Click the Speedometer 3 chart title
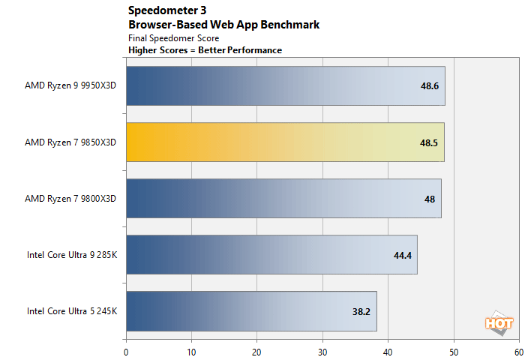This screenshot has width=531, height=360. [167, 11]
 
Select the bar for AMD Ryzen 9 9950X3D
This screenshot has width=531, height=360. [285, 85]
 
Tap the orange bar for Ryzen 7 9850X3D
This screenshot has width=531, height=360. [285, 142]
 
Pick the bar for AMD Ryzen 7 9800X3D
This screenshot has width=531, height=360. [283, 198]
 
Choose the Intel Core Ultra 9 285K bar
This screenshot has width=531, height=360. [271, 254]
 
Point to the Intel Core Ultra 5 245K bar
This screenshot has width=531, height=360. [251, 310]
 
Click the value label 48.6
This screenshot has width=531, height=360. [430, 86]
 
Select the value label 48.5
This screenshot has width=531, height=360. [430, 142]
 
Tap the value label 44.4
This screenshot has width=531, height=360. [403, 255]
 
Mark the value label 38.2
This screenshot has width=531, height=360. [362, 311]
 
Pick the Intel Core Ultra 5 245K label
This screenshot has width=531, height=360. [72, 310]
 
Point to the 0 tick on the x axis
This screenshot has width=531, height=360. [126, 349]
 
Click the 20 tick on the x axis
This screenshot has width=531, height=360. [257, 349]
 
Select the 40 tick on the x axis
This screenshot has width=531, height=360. [388, 349]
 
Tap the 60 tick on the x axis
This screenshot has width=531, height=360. [518, 349]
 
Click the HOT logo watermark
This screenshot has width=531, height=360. [499, 324]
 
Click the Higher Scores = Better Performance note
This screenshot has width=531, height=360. [205, 50]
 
